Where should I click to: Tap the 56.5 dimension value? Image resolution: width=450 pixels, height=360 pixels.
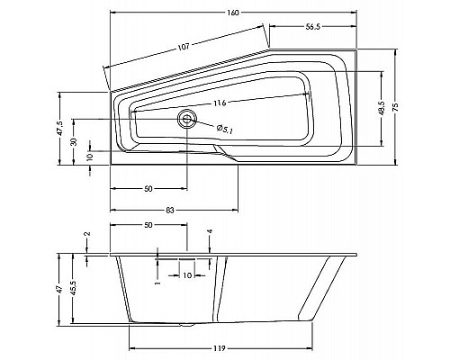pyautogui.click(x=313, y=27)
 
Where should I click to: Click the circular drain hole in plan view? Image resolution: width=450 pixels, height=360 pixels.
pyautogui.click(x=187, y=118)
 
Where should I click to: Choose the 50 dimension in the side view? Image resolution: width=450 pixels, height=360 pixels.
pyautogui.click(x=148, y=225)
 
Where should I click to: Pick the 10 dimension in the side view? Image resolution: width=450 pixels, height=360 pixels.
pyautogui.click(x=186, y=275)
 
